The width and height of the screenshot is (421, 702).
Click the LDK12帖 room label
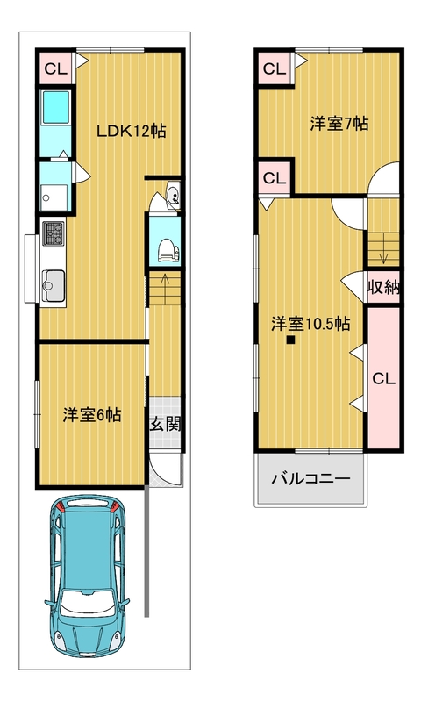(x=132, y=131)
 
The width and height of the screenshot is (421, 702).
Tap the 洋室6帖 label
(x=92, y=415)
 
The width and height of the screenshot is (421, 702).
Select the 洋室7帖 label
(x=339, y=123)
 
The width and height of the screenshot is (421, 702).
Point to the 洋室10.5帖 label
(x=310, y=323)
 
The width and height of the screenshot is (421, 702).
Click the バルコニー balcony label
(x=310, y=479)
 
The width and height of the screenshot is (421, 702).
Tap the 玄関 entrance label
(x=165, y=425)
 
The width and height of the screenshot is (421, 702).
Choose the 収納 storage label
(x=383, y=288)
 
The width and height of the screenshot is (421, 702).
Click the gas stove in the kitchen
(x=53, y=233)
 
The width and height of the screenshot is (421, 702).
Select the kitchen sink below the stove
(x=54, y=287)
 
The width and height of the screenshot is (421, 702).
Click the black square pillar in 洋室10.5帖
(x=291, y=340)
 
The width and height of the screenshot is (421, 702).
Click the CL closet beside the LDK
(x=55, y=68)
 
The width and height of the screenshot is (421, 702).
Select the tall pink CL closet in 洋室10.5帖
(x=383, y=378)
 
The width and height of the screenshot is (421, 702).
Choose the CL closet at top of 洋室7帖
(x=275, y=68)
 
